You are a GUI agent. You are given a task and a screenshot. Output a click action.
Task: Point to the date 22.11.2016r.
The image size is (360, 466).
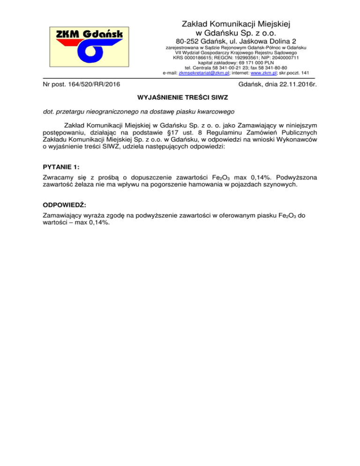tap(294, 84)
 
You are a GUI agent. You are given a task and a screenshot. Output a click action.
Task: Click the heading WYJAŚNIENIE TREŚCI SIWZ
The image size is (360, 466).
tap(180, 98)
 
